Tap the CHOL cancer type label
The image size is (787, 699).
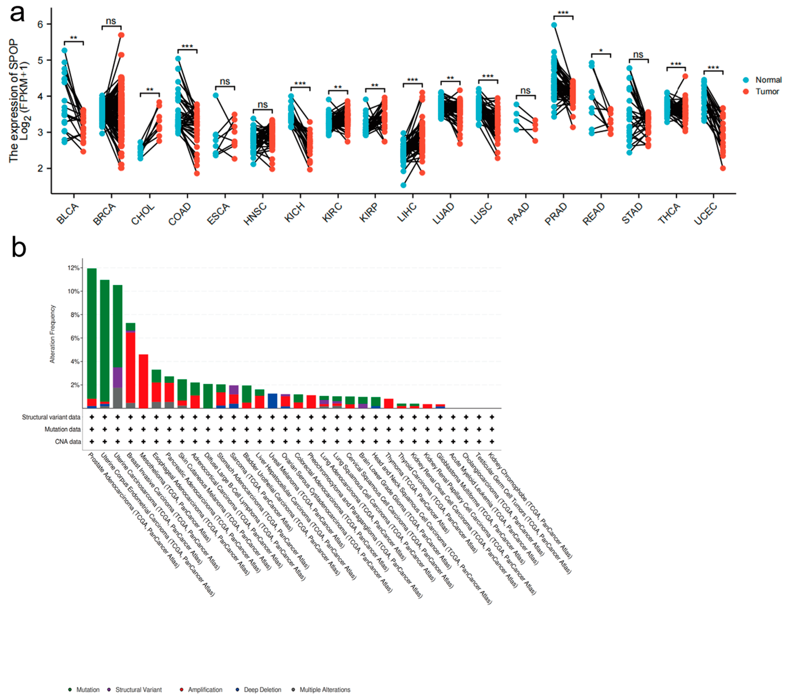click(x=143, y=214)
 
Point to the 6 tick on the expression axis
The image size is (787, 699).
click(x=40, y=24)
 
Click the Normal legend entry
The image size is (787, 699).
click(x=768, y=80)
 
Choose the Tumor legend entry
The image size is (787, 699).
click(x=767, y=91)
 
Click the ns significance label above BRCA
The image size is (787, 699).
click(x=111, y=21)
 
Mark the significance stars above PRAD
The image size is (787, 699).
click(x=563, y=13)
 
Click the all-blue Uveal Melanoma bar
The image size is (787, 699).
click(x=272, y=400)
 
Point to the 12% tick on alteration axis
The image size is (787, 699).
click(x=73, y=268)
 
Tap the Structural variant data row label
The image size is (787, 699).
click(x=51, y=417)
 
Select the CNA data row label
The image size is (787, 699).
click(x=68, y=442)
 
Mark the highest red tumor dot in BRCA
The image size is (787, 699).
click(x=121, y=35)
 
